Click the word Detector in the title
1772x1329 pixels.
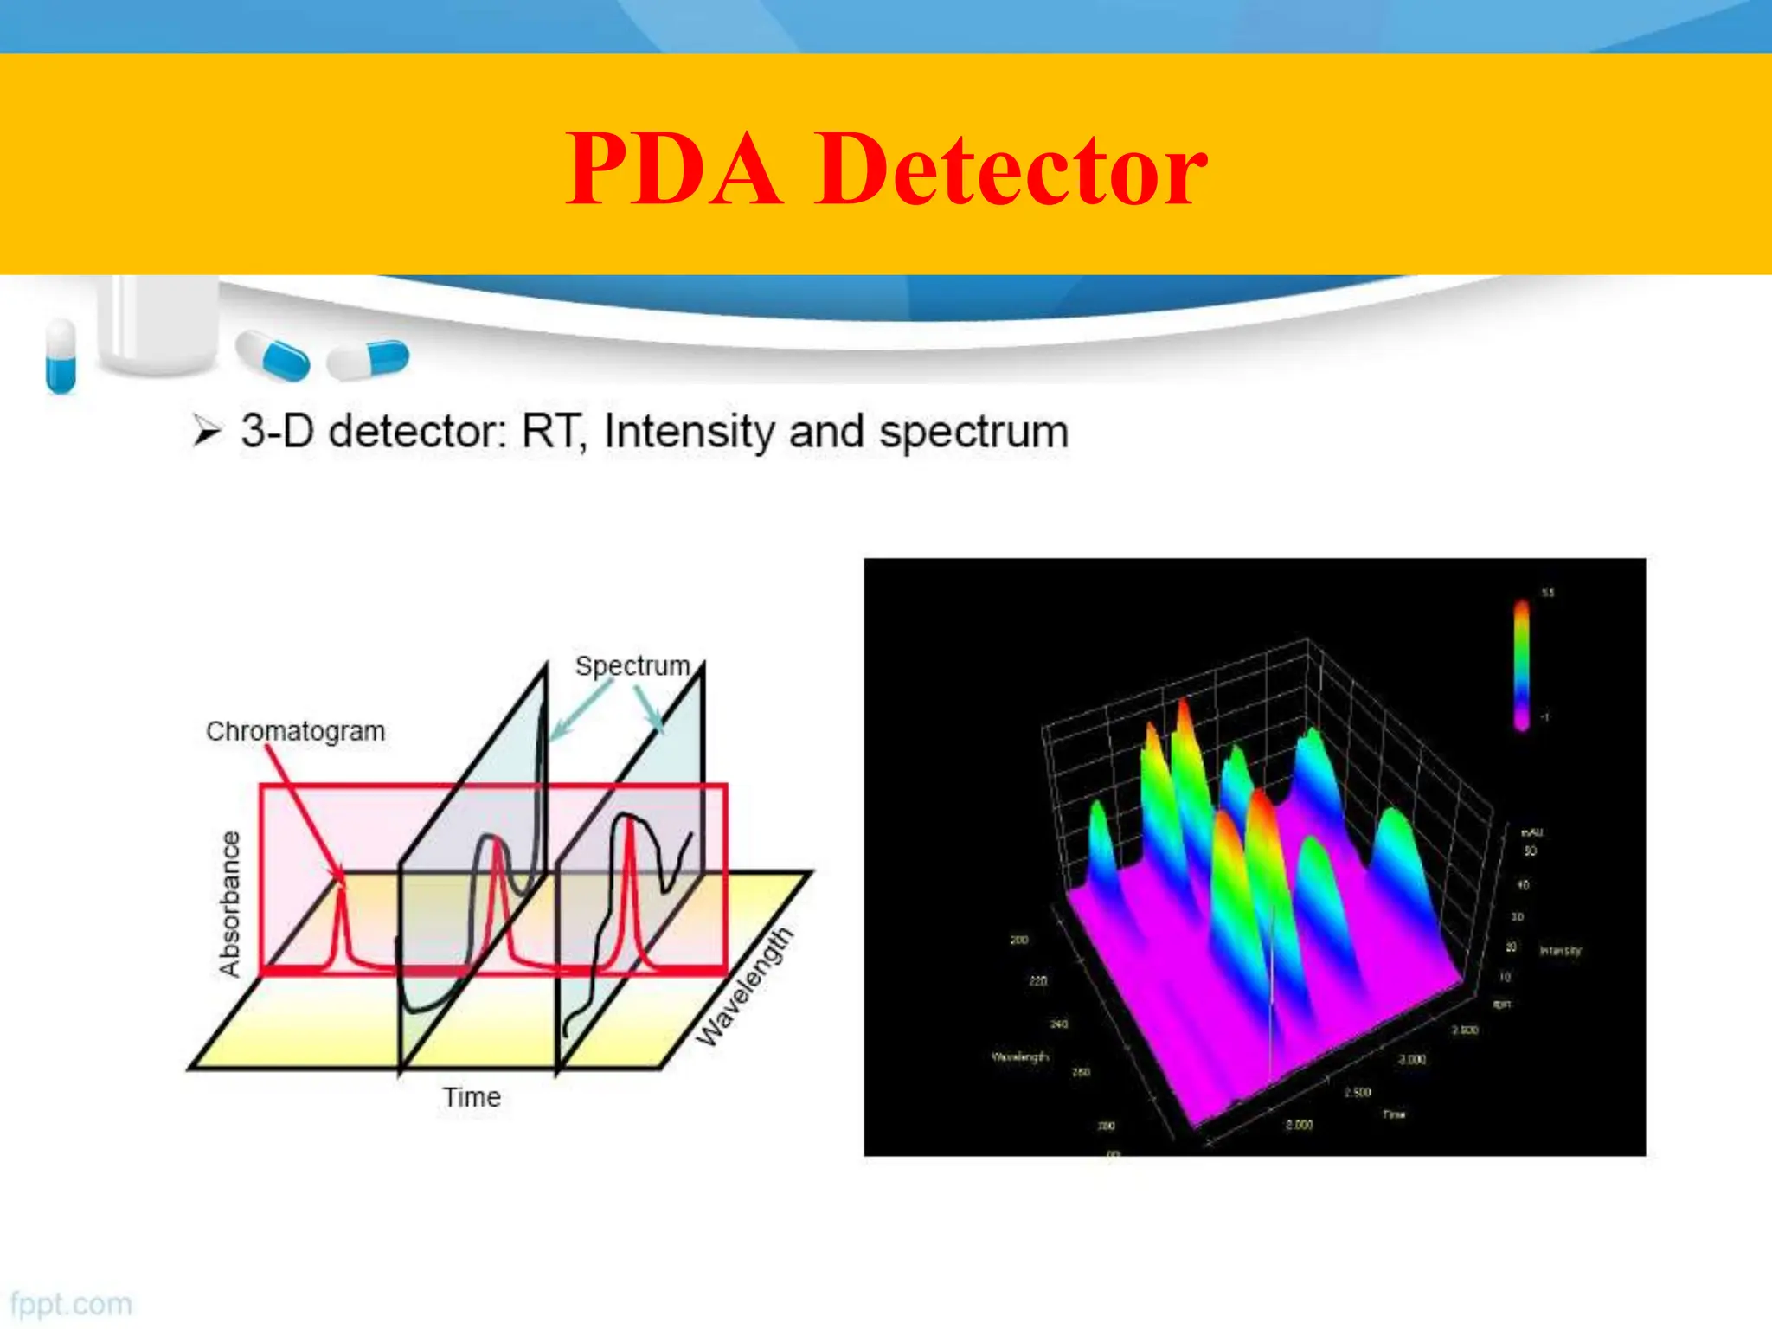click(1010, 170)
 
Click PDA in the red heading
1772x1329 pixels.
click(675, 170)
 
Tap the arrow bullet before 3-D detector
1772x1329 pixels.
click(207, 430)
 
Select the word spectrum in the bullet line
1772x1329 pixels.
click(973, 432)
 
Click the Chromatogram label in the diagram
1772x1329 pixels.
click(295, 731)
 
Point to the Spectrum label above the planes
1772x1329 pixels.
click(632, 666)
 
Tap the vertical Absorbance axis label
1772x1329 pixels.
click(229, 903)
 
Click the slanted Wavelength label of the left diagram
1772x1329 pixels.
click(745, 986)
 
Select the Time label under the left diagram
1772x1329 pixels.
click(472, 1097)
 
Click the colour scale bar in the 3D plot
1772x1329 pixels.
click(1521, 664)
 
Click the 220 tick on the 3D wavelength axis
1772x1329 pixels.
click(1038, 981)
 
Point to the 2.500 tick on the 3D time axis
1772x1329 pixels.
click(1358, 1093)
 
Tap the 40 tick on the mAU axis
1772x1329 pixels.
click(1524, 885)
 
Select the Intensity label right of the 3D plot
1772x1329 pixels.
click(1561, 951)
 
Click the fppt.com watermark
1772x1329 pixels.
click(71, 1304)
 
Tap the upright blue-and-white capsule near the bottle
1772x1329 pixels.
click(61, 355)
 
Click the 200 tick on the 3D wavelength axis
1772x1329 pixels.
click(1019, 940)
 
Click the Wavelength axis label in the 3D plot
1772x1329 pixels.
click(1019, 1057)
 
